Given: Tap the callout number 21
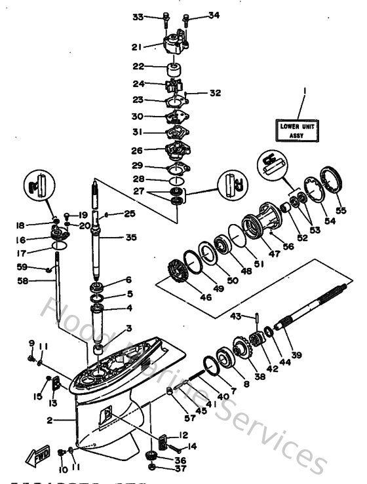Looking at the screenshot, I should point(137,47).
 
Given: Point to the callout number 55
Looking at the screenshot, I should point(340,211).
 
